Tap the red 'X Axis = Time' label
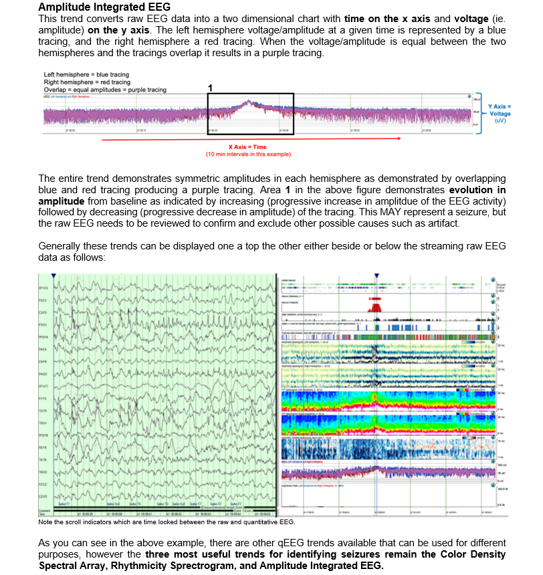click(x=247, y=147)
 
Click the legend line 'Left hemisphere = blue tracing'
click(x=86, y=74)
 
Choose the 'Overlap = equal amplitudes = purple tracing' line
click(x=105, y=90)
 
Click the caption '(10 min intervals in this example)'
click(x=247, y=154)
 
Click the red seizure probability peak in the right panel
click(x=376, y=306)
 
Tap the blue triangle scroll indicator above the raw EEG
click(x=53, y=275)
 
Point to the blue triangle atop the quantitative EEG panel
click(x=376, y=275)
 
